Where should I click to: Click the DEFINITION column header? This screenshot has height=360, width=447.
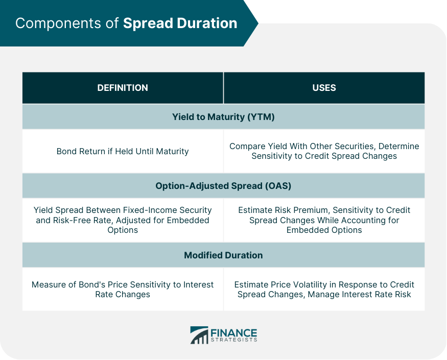point(123,88)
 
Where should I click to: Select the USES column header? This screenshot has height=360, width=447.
point(324,88)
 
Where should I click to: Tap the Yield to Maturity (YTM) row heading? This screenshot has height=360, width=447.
point(223,117)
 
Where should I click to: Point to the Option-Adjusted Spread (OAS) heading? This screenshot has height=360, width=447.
point(223,186)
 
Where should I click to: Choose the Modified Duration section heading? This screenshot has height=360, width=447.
point(223,255)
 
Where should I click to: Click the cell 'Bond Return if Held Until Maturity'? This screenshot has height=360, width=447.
point(123,151)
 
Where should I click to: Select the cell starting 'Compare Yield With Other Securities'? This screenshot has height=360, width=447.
point(324,151)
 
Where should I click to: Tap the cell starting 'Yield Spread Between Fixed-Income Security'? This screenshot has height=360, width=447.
point(123,220)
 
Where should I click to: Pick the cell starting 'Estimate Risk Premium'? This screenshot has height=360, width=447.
point(324,220)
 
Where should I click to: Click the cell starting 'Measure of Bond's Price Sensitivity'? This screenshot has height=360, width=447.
point(123,290)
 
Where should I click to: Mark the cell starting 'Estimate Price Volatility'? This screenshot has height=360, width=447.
point(324,290)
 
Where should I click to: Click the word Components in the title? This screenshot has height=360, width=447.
point(58,23)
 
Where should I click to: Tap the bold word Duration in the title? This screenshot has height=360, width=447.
point(207,23)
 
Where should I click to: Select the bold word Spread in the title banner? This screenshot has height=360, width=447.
point(148,24)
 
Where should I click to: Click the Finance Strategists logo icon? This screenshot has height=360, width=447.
point(199,335)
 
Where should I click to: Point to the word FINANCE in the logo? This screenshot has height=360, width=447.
point(234,333)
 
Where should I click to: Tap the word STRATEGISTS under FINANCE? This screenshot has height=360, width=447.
point(234,340)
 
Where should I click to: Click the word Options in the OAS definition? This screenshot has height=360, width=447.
point(123,230)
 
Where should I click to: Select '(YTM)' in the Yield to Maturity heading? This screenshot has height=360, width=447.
point(261,117)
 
